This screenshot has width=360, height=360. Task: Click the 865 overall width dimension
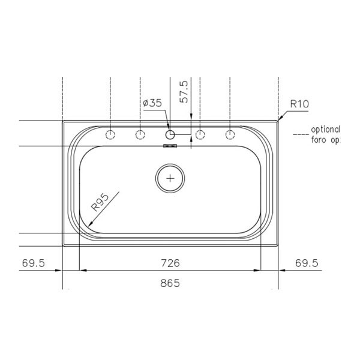point(170,282)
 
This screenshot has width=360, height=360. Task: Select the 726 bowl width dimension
point(170,263)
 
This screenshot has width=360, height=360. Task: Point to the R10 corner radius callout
point(299,104)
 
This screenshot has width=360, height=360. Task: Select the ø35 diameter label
point(152,103)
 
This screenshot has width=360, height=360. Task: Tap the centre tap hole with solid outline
point(170,134)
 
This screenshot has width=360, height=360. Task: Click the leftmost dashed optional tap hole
point(110,134)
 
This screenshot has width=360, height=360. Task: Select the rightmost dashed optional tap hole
point(230,134)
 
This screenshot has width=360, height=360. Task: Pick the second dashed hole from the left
point(139,134)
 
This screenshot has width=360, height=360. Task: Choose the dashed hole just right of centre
point(200,134)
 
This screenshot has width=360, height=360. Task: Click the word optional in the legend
point(326,130)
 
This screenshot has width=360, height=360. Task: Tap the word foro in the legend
point(320,140)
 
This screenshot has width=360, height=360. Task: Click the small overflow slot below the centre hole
point(170,145)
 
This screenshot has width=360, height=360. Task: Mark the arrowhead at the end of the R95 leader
point(89,224)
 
